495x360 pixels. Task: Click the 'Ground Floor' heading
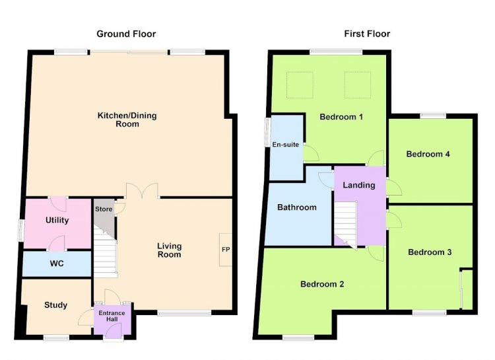pos(126,34)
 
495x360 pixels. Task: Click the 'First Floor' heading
pos(367,34)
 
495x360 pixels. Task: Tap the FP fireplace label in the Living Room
pos(226,250)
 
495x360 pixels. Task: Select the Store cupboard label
pos(104,209)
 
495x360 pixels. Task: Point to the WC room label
pos(57,264)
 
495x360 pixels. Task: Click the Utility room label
pos(57,221)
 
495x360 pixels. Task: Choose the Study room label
pos(55,305)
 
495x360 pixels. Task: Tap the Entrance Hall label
pos(112,316)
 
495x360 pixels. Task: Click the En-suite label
pos(286,145)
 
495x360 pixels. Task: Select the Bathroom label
pos(297,207)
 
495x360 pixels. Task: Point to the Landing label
pos(359,185)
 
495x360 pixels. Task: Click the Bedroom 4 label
pos(428,155)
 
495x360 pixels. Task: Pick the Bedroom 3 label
pos(430,252)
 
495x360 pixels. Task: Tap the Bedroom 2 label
pos(322,284)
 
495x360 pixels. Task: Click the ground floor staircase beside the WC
pos(106,253)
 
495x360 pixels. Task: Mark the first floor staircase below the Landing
pos(345,223)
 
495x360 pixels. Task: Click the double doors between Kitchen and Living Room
pos(142,190)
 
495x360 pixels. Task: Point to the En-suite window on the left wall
pos(267,132)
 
